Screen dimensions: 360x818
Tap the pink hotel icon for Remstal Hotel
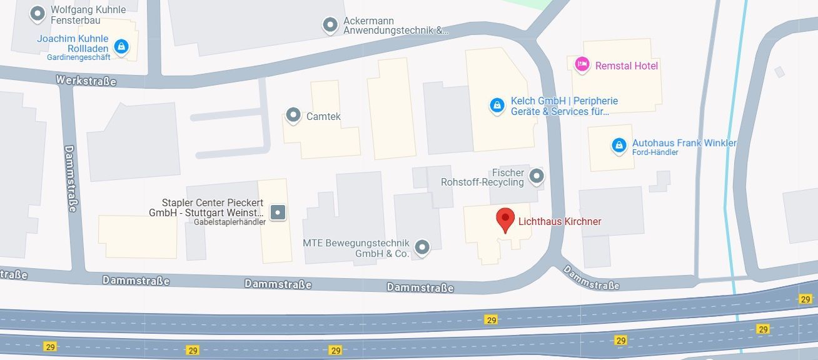tap(582, 64)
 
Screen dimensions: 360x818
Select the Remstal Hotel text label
tap(627, 66)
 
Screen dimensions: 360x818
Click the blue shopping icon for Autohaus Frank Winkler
tap(619, 145)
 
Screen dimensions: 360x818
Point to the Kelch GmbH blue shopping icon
tap(497, 105)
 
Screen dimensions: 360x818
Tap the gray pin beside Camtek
tap(293, 115)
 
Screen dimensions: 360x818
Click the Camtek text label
tap(323, 116)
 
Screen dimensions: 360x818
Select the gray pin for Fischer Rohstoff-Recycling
tap(537, 176)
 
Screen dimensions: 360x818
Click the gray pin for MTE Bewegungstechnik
tap(423, 247)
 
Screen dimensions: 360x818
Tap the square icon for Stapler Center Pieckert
tap(278, 212)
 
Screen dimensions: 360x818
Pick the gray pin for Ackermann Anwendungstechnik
tap(330, 25)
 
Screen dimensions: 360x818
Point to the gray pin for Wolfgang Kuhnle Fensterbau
tap(38, 12)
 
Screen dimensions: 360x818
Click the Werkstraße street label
tap(86, 81)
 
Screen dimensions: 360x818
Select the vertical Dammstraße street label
tap(69, 179)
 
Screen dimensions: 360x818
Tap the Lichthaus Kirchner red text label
tap(560, 221)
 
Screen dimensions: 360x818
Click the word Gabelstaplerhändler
tap(230, 222)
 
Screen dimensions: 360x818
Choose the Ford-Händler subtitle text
tap(655, 152)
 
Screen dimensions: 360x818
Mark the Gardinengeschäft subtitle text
tap(79, 57)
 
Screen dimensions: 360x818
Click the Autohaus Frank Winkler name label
tap(684, 143)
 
